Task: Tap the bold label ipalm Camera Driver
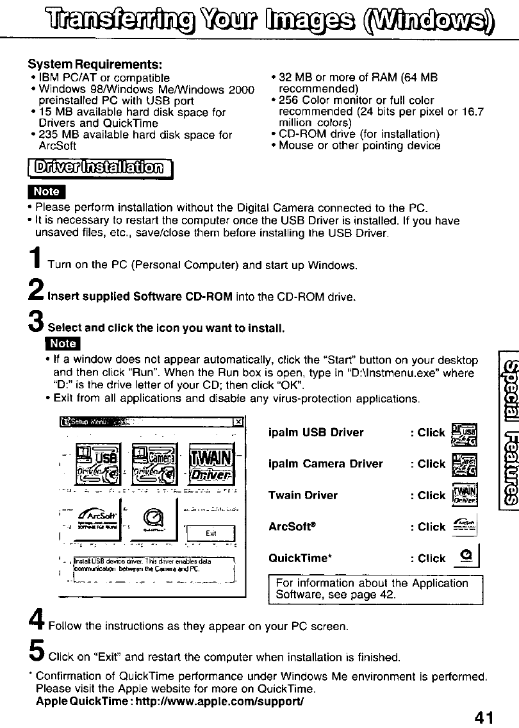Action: point(325,463)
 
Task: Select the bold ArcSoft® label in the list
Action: point(295,527)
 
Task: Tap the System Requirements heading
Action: point(94,65)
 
